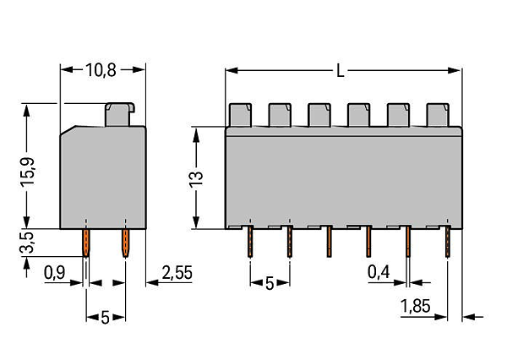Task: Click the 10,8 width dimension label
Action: tap(101, 70)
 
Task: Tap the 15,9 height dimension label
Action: tap(28, 172)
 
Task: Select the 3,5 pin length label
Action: tap(28, 243)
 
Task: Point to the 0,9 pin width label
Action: tap(55, 273)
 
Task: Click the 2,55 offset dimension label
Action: tap(177, 273)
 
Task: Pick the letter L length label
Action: tap(341, 70)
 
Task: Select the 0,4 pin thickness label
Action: tap(379, 272)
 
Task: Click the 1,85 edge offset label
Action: tap(416, 306)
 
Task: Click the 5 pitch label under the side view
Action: tap(105, 318)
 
